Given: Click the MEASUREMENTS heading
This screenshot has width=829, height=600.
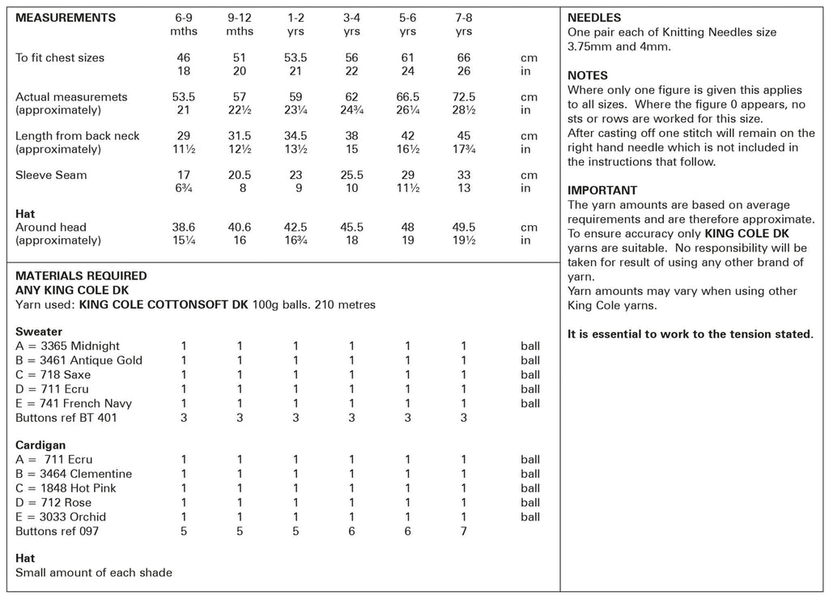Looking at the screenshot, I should (65, 18).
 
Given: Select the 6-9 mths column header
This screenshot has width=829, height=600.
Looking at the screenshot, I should (184, 24).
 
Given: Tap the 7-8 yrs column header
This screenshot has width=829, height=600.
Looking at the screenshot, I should (464, 24).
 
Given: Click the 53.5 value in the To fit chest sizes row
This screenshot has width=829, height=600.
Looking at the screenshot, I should (295, 57).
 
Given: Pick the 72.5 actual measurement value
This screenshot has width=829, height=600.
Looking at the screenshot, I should (464, 96).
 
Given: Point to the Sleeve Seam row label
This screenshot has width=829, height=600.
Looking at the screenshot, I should (51, 175).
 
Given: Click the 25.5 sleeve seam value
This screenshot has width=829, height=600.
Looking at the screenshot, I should (351, 175).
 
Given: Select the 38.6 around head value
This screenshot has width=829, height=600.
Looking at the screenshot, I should (184, 228).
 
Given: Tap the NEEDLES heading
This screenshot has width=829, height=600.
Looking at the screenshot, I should (594, 18).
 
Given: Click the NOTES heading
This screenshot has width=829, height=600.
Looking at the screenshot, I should (588, 75).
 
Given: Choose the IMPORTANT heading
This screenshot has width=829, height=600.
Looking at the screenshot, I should (602, 190).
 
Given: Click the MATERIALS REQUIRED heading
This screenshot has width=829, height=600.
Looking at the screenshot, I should (81, 276).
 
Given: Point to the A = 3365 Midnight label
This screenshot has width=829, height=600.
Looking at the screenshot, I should (67, 346).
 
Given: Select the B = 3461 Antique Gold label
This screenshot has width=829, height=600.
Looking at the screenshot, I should (79, 360).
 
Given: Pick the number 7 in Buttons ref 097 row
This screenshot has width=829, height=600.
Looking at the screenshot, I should (464, 531).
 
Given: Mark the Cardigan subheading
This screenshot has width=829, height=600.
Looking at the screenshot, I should (40, 445).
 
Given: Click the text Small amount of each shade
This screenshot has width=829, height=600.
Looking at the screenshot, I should (94, 572).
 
